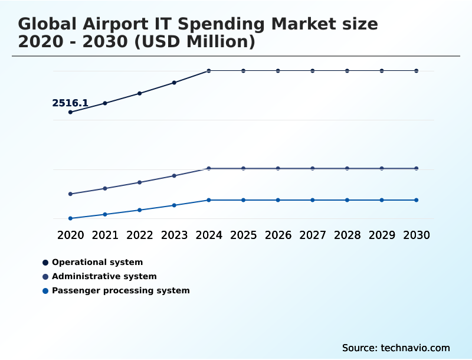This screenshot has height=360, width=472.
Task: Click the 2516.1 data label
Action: [70, 103]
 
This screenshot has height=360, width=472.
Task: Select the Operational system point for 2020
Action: [71, 112]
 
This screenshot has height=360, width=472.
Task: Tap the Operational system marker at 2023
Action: [174, 83]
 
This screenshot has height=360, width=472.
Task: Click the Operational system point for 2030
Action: [416, 71]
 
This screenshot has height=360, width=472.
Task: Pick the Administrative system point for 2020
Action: [71, 194]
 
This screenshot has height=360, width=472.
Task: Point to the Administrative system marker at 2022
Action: [140, 182]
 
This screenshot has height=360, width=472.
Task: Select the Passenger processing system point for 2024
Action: [209, 200]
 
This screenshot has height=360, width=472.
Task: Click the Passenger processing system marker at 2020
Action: [71, 218]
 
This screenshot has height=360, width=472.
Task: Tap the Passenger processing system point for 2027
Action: [313, 200]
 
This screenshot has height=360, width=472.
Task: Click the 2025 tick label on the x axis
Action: [243, 235]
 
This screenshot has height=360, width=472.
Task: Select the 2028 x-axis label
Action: [347, 235]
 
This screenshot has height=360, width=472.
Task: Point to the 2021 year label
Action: [105, 235]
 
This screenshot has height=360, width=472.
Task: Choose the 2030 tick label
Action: [416, 235]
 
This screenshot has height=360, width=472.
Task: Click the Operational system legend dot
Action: [45, 262]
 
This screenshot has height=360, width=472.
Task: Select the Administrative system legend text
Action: [104, 276]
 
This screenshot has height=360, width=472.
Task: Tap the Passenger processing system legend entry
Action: [120, 290]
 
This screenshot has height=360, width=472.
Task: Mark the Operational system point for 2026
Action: [278, 71]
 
